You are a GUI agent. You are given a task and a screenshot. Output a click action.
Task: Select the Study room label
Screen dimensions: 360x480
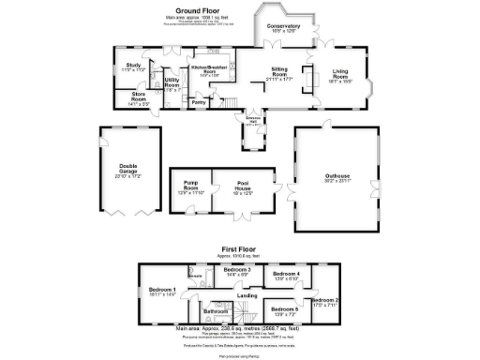(133, 66)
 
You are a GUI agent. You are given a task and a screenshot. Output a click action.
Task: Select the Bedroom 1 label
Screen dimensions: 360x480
(162, 291)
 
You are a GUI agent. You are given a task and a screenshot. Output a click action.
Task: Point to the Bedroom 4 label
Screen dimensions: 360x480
(286, 274)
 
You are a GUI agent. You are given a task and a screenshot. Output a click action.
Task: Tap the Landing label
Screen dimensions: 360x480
(247, 295)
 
